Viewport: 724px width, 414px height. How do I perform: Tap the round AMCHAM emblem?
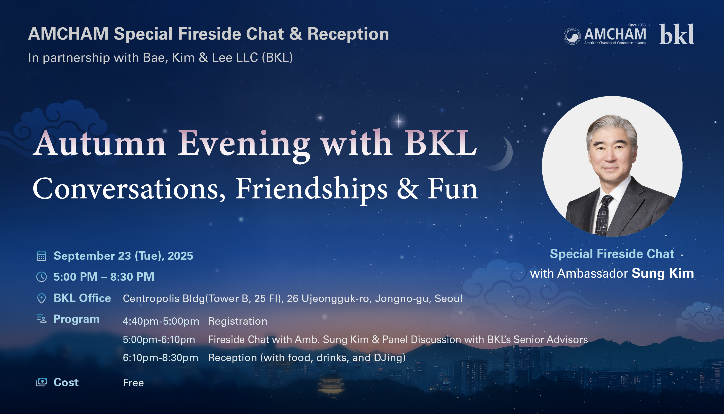pos(572,36)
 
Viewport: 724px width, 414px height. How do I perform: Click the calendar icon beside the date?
pos(41,256)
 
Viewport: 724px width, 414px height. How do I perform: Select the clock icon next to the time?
pos(41,277)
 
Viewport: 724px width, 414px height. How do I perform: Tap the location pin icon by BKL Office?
pos(41,298)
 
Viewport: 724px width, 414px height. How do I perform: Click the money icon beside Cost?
pos(41,382)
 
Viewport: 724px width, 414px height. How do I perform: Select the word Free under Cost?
pos(133,383)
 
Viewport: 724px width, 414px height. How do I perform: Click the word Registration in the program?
pos(238,321)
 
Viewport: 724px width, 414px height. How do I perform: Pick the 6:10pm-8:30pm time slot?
pos(160,358)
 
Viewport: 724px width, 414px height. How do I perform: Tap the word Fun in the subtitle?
pos(453,189)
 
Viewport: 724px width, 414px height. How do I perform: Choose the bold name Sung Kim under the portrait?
pos(663,273)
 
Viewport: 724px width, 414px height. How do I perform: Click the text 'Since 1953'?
pos(637,25)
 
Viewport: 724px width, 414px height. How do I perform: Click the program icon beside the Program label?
pos(41,319)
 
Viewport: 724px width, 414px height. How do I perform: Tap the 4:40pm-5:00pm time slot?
pos(161,322)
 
